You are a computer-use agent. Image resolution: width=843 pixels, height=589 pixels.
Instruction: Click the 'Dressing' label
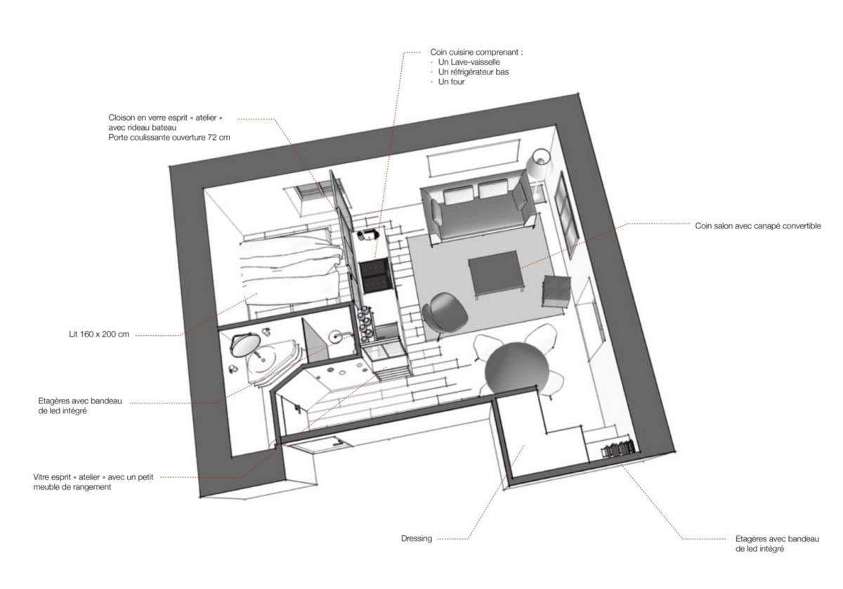click(416, 538)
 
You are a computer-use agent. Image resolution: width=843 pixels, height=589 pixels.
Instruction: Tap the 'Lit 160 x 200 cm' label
click(99, 334)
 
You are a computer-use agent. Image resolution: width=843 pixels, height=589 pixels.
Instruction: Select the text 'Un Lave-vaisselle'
click(469, 62)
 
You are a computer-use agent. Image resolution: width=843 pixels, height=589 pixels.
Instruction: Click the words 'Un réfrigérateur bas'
click(473, 72)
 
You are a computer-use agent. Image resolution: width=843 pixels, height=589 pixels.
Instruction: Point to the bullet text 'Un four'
click(451, 82)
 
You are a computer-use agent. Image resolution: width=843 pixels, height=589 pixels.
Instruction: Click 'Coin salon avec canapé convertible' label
click(758, 226)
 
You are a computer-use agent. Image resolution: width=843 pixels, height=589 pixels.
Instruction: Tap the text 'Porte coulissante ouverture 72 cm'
click(169, 138)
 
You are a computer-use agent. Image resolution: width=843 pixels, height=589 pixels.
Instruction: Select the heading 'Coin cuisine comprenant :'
click(476, 52)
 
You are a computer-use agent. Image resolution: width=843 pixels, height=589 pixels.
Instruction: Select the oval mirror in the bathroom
click(245, 346)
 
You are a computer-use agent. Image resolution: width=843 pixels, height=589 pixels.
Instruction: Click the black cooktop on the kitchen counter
click(374, 274)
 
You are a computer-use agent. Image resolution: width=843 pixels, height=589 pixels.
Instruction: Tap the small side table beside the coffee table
click(556, 292)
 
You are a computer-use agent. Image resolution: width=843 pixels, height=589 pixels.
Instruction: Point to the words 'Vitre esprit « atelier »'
click(68, 477)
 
